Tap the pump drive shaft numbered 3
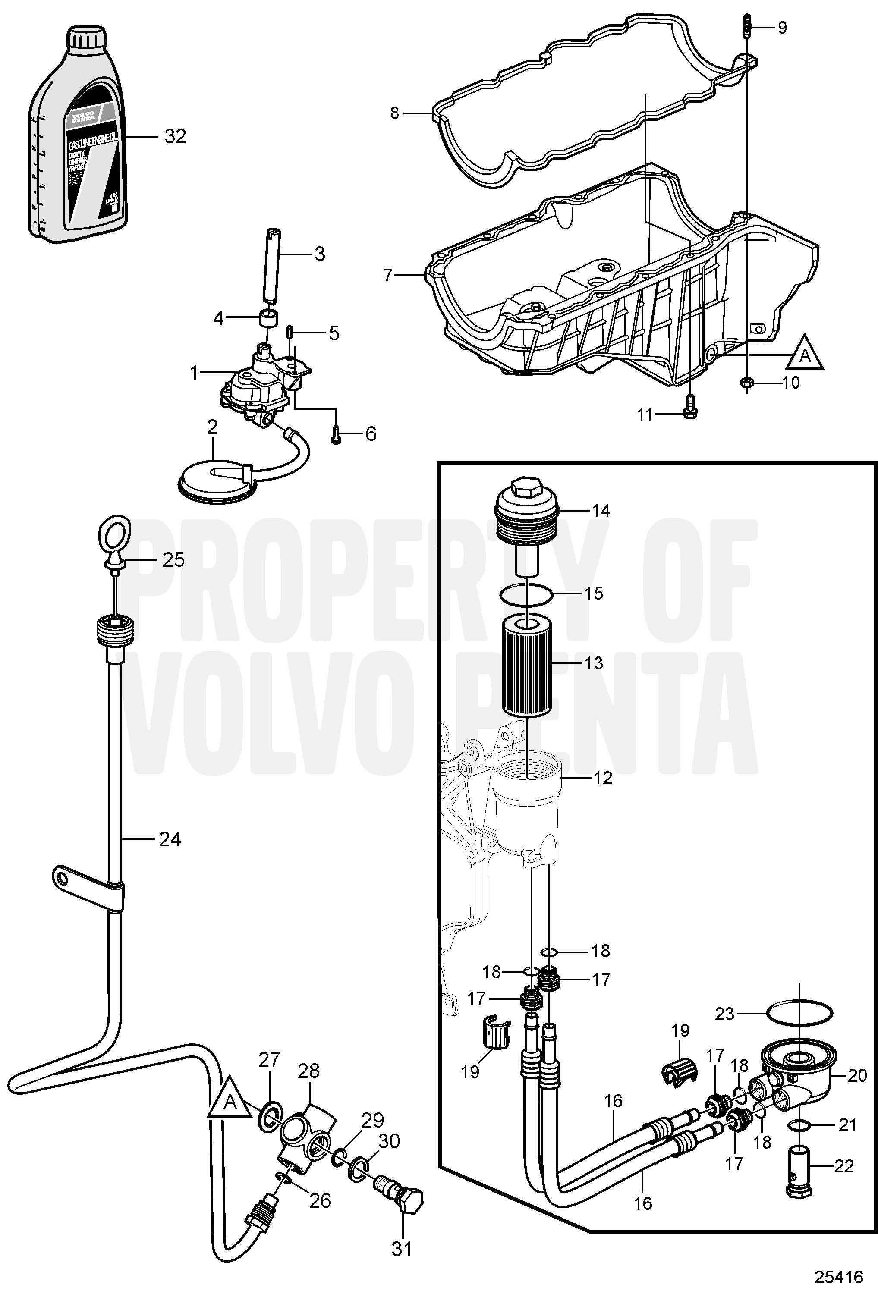271,264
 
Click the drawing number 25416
840,1274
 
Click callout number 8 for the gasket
394,113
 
